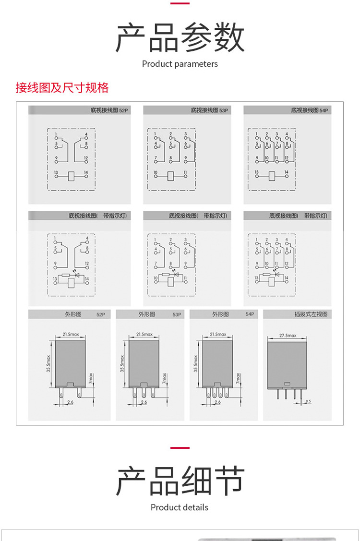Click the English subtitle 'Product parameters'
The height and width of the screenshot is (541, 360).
pyautogui.click(x=180, y=64)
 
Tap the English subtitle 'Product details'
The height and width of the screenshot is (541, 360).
pyautogui.click(x=180, y=507)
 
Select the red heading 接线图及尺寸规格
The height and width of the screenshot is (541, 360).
pyautogui.click(x=62, y=88)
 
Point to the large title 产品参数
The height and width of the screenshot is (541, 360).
pyautogui.click(x=180, y=38)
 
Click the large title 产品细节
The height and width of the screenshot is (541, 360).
pyautogui.click(x=180, y=481)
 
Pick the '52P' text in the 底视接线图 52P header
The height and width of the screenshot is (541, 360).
pyautogui.click(x=123, y=110)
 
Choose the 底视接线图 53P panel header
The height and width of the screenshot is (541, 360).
pyautogui.click(x=209, y=110)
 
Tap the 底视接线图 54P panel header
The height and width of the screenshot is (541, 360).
pyautogui.click(x=310, y=110)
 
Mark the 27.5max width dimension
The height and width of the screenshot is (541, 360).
pyautogui.click(x=288, y=336)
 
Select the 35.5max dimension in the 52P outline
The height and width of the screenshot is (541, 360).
pyautogui.click(x=48, y=364)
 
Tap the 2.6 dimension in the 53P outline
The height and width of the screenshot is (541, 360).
pyautogui.click(x=144, y=402)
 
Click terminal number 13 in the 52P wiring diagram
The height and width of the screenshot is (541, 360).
pyautogui.click(x=56, y=172)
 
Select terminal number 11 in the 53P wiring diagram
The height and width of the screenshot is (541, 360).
pyautogui.click(x=185, y=172)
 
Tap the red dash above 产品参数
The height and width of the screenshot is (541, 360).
pyautogui.click(x=180, y=4)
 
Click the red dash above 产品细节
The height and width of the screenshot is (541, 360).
pyautogui.click(x=180, y=447)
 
